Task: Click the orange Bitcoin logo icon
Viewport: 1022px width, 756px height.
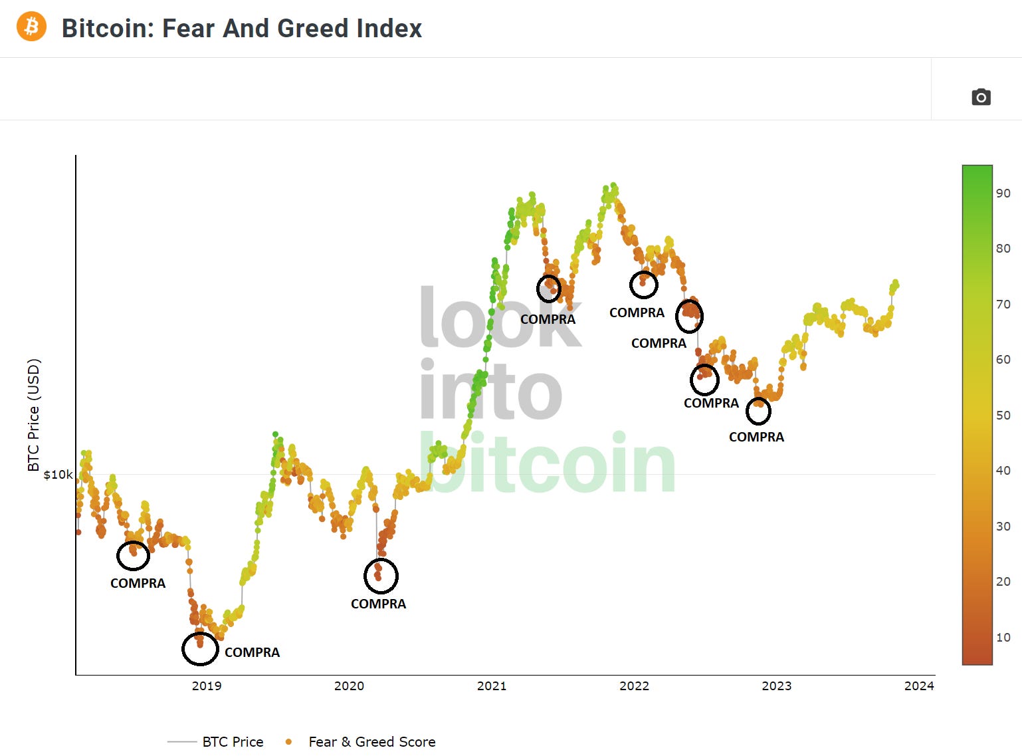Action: pyautogui.click(x=31, y=27)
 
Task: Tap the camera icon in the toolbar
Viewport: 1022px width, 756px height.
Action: pyautogui.click(x=981, y=97)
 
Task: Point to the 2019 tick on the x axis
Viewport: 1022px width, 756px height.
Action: pyautogui.click(x=207, y=686)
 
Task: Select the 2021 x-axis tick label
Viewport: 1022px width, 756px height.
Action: pyautogui.click(x=492, y=686)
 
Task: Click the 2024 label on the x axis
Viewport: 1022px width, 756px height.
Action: pyautogui.click(x=919, y=686)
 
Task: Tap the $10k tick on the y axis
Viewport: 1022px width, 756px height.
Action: pyautogui.click(x=58, y=474)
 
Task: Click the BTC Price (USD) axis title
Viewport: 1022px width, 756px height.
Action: pyautogui.click(x=34, y=415)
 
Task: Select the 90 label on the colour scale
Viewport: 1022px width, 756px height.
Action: pyautogui.click(x=1003, y=193)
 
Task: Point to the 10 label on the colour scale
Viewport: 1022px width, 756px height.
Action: pyautogui.click(x=1003, y=637)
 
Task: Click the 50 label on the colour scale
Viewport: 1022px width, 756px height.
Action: pyautogui.click(x=1003, y=415)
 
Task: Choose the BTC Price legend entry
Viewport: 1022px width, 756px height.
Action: pyautogui.click(x=232, y=741)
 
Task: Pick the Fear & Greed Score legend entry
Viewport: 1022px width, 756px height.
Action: pyautogui.click(x=371, y=741)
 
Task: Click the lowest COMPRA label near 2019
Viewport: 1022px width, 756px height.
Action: pyautogui.click(x=252, y=652)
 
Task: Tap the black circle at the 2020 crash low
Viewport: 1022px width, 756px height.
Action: pyautogui.click(x=381, y=576)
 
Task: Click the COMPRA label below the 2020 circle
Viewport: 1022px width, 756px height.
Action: pyautogui.click(x=378, y=604)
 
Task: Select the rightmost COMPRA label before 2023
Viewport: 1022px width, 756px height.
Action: pyautogui.click(x=756, y=437)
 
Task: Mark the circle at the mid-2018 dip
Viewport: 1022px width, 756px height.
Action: pyautogui.click(x=133, y=555)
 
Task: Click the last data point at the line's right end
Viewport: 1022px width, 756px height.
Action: pyautogui.click(x=896, y=283)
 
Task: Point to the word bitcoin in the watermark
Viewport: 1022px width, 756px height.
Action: pyautogui.click(x=548, y=463)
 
